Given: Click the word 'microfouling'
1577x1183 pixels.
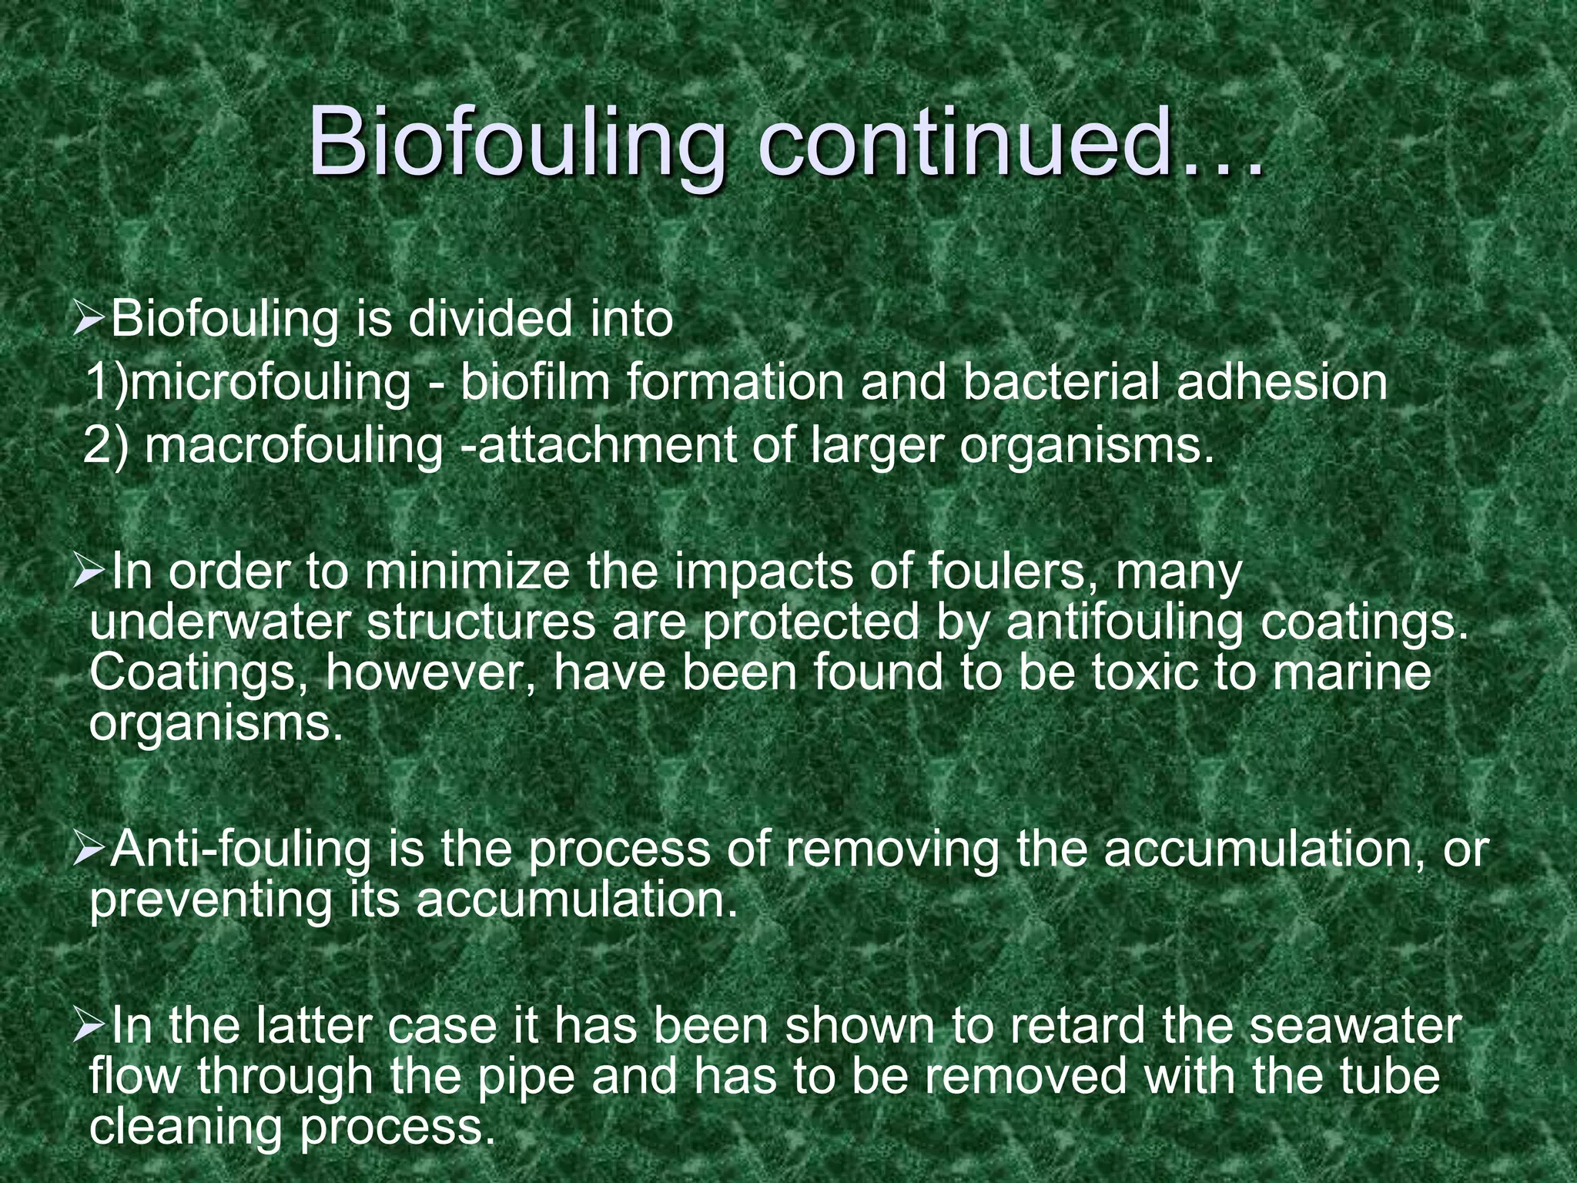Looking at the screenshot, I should point(270,383).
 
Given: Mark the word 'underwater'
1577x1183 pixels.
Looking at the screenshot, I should point(219,624).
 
